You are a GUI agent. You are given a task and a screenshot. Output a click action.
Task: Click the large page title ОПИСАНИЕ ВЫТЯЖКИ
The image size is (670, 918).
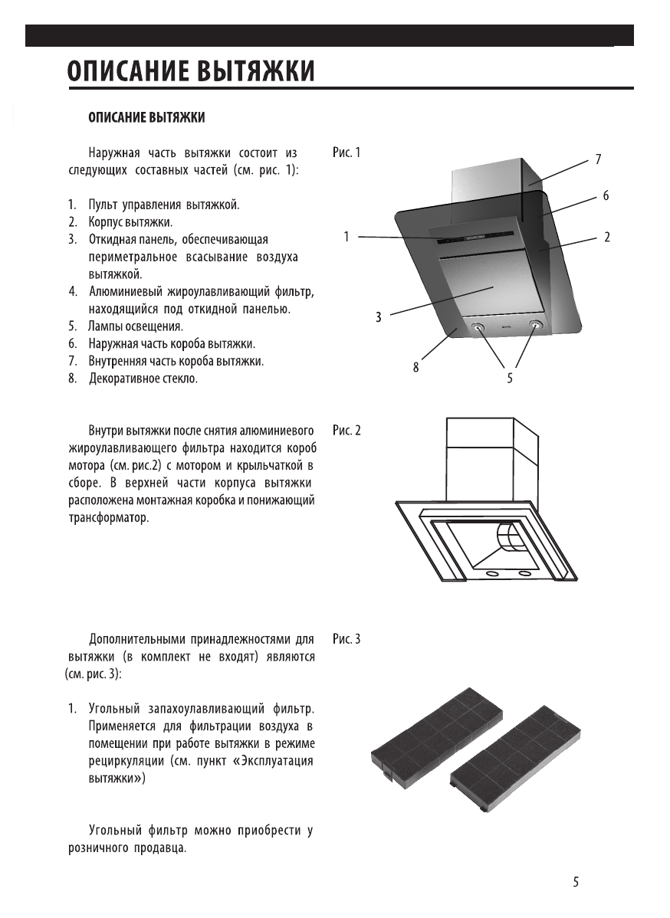(x=190, y=71)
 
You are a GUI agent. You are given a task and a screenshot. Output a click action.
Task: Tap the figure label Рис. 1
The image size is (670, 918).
(x=346, y=152)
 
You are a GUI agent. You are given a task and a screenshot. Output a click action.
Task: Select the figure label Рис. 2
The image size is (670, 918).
(x=346, y=430)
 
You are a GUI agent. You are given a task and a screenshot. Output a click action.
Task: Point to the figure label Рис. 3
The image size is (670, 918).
(x=346, y=638)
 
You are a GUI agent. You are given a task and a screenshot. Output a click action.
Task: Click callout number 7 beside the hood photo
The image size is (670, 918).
(x=597, y=159)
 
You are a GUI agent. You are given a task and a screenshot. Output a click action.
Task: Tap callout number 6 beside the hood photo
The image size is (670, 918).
(x=606, y=196)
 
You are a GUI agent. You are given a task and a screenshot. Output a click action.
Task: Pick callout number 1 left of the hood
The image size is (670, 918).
(x=346, y=238)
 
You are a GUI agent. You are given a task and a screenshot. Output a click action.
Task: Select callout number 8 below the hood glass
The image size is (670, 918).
(x=416, y=368)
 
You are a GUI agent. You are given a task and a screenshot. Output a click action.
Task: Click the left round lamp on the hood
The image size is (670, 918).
(x=479, y=327)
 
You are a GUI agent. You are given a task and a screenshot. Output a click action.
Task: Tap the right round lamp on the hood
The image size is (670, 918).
(x=534, y=326)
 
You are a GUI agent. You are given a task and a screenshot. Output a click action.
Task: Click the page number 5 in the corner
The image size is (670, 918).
(x=576, y=882)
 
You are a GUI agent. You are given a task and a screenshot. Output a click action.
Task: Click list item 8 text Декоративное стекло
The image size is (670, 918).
(x=143, y=379)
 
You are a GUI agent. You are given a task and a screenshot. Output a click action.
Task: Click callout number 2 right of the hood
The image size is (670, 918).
(x=606, y=238)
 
